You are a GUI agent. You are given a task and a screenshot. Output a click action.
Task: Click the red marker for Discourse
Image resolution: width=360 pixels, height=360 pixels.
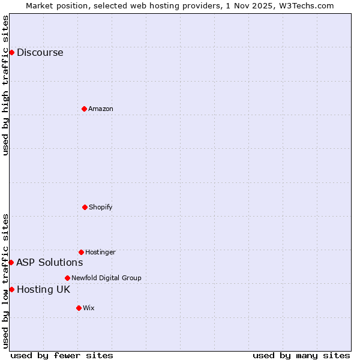pos(11,52)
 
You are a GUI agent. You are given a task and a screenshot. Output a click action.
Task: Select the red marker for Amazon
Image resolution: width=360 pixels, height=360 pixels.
pos(84,109)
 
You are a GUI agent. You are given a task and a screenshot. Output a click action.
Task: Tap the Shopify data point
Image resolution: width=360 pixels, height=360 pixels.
pos(85,207)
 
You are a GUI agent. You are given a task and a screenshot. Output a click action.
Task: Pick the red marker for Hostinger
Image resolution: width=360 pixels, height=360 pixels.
pos(81,252)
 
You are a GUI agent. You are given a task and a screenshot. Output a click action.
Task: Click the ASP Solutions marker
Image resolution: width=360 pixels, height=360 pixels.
pos(11,262)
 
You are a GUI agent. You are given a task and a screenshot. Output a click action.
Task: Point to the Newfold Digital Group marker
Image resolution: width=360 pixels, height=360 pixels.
pos(67,278)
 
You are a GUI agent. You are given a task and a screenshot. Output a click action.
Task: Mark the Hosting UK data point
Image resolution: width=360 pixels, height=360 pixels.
pos(11,289)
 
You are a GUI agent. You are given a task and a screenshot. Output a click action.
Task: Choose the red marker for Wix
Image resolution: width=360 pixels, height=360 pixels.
pos(79,308)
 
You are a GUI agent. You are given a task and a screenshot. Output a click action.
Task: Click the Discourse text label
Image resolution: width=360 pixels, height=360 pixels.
pos(40,52)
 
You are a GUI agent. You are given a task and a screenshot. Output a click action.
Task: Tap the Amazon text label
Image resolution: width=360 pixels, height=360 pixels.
pos(101,109)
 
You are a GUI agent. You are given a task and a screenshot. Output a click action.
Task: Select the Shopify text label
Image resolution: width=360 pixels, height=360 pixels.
pos(101,207)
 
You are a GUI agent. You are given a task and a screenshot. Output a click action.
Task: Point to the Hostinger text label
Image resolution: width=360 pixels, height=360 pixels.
pos(100,252)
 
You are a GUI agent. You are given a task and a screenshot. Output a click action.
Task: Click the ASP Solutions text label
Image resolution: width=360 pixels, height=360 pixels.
pos(49,262)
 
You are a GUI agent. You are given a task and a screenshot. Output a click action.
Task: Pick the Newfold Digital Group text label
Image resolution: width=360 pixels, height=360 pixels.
pos(106,278)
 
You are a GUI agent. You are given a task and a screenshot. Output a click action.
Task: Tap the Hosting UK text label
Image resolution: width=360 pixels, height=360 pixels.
pos(43,289)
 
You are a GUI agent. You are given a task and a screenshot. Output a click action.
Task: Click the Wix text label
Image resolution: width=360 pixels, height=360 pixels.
pos(89,308)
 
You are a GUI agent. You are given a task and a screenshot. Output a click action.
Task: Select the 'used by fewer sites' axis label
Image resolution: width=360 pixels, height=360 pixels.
pos(62,355)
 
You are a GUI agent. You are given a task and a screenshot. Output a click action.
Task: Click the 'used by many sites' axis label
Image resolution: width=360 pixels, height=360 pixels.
pos(301,355)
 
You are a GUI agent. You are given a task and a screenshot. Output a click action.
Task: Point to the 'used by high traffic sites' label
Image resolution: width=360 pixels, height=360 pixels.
pos(5,85)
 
